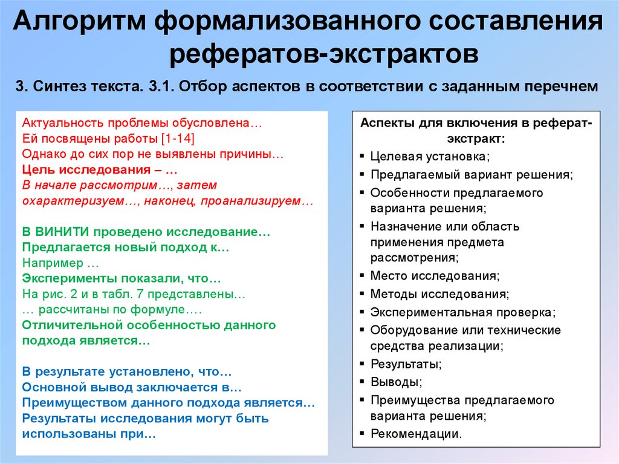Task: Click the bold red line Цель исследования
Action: coord(99,169)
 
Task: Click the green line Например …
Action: coord(60,264)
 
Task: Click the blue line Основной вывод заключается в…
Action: coord(132,387)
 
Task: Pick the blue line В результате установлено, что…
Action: coord(127,371)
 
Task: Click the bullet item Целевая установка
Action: coord(430,156)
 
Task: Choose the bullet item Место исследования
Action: coord(435,276)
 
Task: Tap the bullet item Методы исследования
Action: coord(439,295)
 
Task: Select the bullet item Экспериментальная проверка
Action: coord(462,313)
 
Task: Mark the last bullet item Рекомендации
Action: coord(416,434)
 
